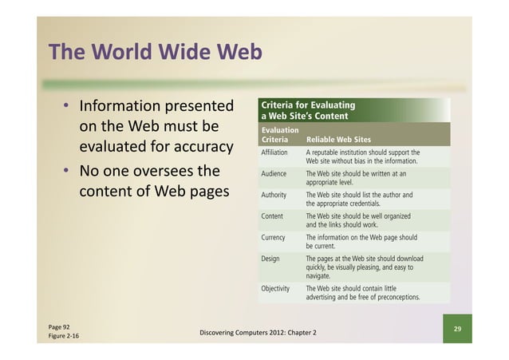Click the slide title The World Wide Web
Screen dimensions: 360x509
[x=154, y=53]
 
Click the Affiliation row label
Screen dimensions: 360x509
[x=276, y=152]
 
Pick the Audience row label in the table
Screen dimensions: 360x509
[x=274, y=172]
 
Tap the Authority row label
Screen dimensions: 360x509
[x=275, y=194]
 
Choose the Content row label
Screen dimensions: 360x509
[x=273, y=216]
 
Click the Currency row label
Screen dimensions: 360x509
[x=274, y=237]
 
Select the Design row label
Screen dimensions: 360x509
[x=270, y=259]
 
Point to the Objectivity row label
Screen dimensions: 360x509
[x=278, y=288]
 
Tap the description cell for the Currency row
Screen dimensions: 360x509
[x=361, y=242]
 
